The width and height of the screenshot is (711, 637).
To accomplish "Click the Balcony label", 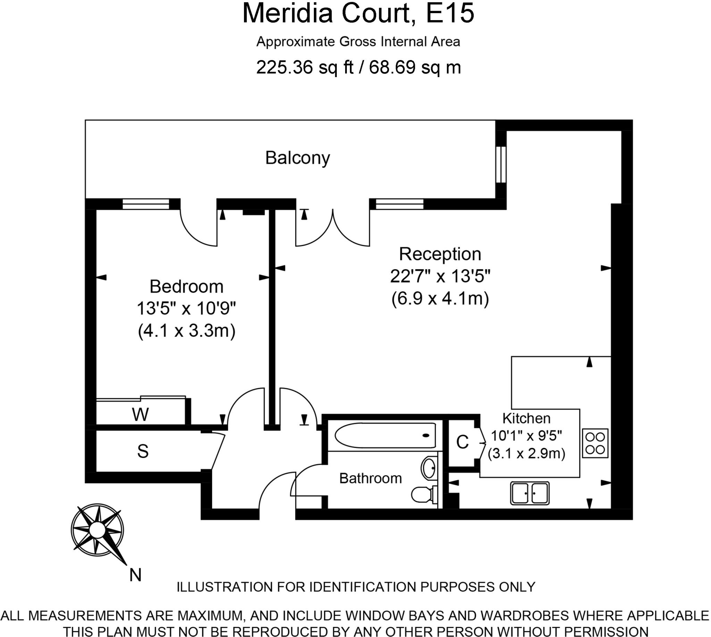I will point(298,158).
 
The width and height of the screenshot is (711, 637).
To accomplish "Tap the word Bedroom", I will point(186,287).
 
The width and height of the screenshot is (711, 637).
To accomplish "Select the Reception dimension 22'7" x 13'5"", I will point(440,277).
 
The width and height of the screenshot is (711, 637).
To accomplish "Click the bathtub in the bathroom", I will point(385,435).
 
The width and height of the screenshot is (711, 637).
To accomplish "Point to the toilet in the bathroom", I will point(424,495).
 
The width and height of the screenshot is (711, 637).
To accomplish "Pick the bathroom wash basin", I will point(428,468).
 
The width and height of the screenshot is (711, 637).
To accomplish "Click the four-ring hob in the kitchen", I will point(595,443).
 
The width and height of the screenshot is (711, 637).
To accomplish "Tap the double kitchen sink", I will point(530,493).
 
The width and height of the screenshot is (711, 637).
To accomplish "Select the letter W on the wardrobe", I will point(140,415).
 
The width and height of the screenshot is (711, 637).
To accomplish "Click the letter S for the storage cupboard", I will point(143,452).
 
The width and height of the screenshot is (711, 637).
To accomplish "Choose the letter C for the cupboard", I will point(462,442).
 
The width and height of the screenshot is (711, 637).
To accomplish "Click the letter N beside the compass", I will point(135,575).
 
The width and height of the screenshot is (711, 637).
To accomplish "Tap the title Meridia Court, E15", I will point(358,13).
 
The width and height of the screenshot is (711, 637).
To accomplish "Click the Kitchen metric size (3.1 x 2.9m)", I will point(527,454).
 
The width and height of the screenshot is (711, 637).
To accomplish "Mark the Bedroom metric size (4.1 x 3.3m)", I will point(186,331).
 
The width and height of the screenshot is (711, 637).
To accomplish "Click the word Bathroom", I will point(370,478).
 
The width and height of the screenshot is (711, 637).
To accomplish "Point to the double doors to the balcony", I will point(333,227).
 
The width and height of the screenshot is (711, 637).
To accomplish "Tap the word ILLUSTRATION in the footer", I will point(224,587).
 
